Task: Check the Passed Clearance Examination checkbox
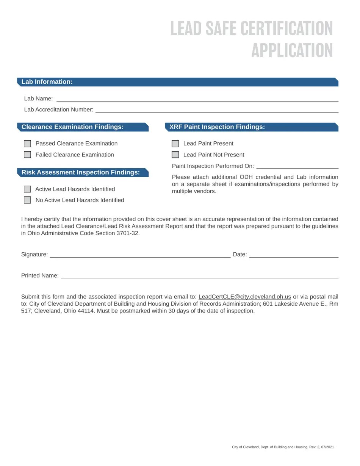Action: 27,144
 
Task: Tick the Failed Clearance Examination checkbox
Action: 27,155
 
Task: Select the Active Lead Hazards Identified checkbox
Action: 27,189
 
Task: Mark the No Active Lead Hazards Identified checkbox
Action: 27,200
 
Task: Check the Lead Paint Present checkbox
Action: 175,144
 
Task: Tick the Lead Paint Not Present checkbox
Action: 175,155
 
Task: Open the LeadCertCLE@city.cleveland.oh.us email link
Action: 244,297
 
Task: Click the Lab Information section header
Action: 47,82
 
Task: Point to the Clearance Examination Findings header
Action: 72,127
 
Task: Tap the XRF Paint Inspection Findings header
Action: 217,127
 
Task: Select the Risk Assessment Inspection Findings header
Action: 80,172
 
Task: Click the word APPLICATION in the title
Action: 292,50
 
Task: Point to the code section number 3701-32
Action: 128,233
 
